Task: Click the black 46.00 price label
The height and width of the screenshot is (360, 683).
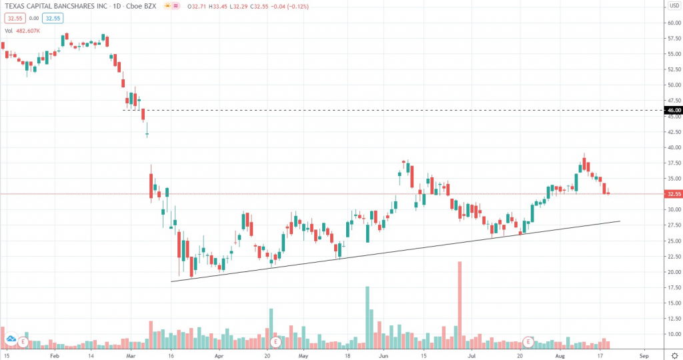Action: [x=673, y=110]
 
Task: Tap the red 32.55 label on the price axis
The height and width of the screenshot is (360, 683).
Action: [x=673, y=194]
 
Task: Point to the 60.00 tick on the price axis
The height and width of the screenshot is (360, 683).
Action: [x=673, y=23]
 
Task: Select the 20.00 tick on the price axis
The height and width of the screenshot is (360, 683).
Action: [x=673, y=272]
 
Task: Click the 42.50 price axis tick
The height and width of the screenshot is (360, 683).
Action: [x=673, y=132]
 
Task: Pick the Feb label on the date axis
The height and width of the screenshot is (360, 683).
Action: [x=55, y=356]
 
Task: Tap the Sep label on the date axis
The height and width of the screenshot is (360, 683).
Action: [x=644, y=356]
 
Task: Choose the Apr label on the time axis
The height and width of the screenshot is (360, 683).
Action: [x=219, y=356]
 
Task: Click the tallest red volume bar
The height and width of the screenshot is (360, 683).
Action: [x=460, y=303]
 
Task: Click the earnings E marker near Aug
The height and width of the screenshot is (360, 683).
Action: [x=528, y=342]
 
